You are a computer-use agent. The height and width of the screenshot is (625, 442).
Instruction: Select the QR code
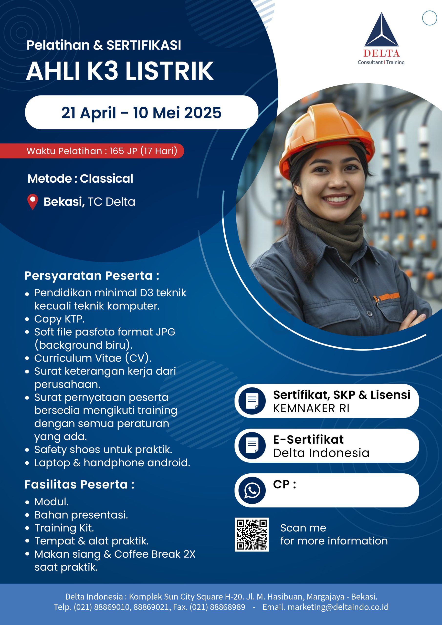252,535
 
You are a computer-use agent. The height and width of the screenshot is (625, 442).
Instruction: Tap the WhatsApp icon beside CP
252,490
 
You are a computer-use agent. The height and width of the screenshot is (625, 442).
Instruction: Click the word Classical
106,178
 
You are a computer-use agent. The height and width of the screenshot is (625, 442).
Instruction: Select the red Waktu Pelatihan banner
92,151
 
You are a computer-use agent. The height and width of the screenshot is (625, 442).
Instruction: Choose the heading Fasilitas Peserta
80,485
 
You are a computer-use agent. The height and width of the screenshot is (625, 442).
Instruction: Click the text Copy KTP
59,319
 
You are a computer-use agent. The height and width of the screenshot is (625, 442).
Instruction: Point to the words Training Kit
64,528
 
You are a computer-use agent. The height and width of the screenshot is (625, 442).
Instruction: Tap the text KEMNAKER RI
311,408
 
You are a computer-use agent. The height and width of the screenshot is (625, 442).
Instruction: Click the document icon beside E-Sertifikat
252,446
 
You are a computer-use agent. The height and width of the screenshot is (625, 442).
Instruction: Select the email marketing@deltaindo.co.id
338,607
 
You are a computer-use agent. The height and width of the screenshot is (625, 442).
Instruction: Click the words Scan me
303,528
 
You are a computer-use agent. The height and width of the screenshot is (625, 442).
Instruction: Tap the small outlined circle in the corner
430,18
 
